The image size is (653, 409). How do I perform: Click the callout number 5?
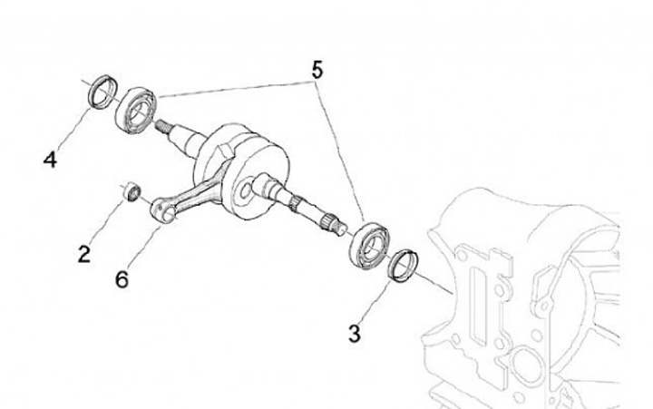(317, 70)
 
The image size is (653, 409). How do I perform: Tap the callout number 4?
(50, 160)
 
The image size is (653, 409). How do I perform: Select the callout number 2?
(84, 254)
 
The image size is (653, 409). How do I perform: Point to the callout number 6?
(122, 279)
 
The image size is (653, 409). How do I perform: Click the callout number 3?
(354, 334)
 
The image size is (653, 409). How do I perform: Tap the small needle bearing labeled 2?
(132, 191)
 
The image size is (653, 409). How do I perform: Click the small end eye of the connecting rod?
(162, 209)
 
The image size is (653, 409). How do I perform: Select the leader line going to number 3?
(375, 302)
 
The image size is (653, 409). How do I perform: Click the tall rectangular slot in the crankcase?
(479, 306)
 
